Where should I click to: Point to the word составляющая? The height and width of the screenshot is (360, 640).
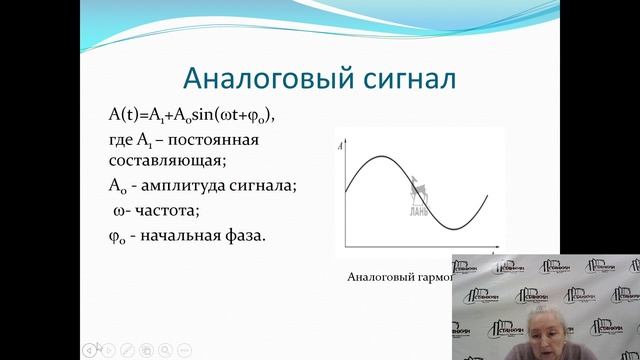(169, 161)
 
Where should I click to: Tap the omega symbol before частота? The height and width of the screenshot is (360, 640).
(122, 210)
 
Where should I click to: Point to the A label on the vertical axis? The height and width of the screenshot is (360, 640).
(342, 147)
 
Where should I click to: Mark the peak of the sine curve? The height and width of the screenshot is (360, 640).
(375, 157)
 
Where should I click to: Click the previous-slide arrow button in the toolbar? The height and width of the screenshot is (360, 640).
(90, 349)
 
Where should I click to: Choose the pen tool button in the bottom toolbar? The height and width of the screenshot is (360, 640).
(127, 349)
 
